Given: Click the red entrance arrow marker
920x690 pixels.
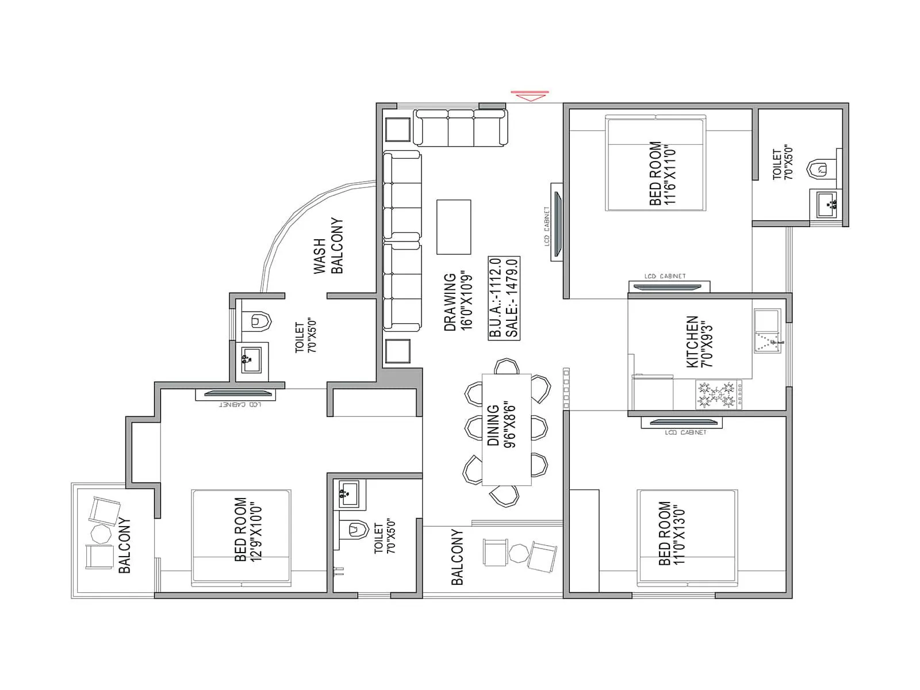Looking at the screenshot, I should coord(530,95).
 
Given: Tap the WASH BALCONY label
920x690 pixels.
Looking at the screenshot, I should coord(328,246).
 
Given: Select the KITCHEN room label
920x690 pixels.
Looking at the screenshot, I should coord(699,342).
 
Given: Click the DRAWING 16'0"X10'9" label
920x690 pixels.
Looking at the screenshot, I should coord(458,301).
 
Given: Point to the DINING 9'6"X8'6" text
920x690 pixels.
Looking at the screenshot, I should coord(501,426).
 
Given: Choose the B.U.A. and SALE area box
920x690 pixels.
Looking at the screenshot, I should coord(504,298).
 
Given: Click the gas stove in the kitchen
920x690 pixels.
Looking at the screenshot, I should coord(718,394).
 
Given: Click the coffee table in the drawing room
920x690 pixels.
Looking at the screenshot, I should coord(454,227).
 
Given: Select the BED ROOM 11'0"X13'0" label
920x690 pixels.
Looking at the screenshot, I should coord(672,534).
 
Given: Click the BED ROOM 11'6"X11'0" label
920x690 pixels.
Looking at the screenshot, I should coord(662,173).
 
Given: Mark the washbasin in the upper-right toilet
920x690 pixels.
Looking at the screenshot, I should coord(826,204).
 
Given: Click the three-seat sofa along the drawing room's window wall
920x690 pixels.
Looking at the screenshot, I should coord(461,127).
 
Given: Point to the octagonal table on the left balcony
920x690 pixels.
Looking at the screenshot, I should coord(102,534).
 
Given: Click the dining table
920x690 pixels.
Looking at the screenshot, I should coord(506,429).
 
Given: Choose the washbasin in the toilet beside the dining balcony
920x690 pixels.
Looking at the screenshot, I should coord(348,494).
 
